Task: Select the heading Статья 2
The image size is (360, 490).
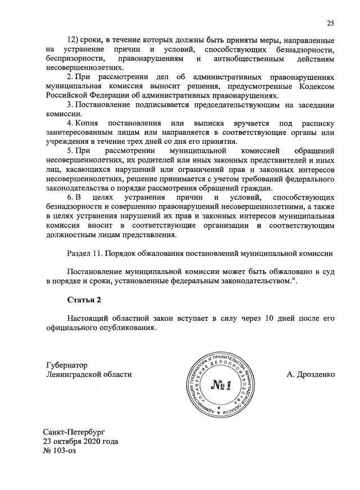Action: (x=85, y=299)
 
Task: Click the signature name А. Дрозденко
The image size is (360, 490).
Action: (x=310, y=374)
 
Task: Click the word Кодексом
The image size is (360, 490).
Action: (x=315, y=87)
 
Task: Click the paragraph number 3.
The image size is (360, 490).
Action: (x=70, y=105)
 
